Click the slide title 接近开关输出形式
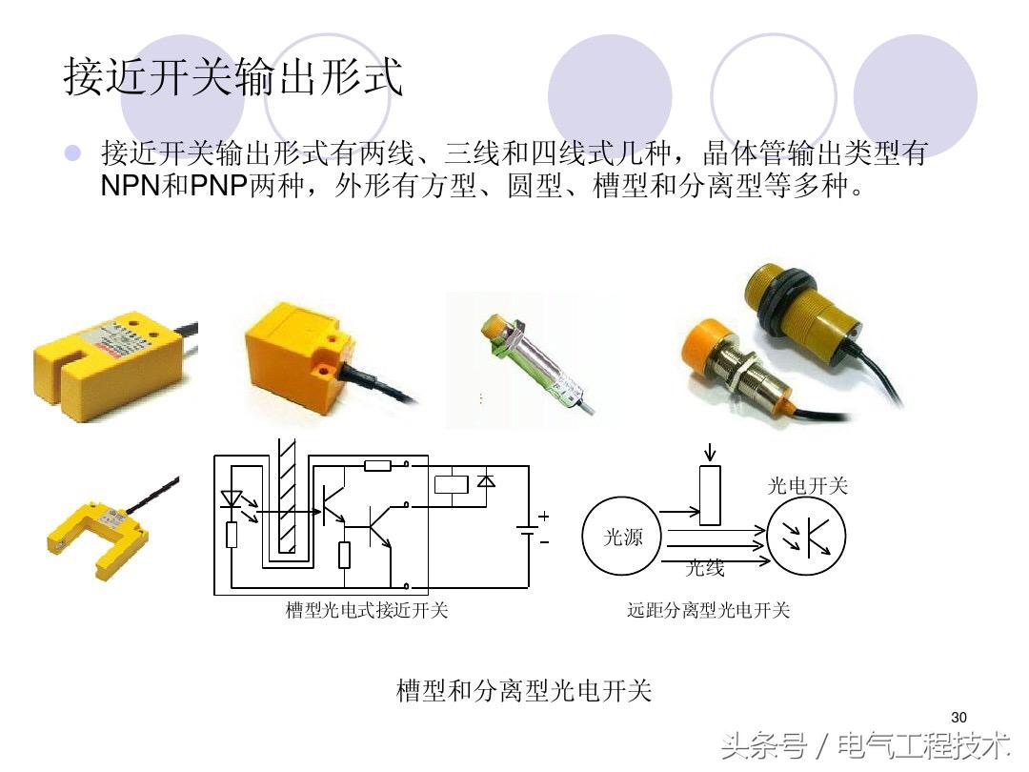click(x=233, y=76)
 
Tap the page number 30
click(x=958, y=717)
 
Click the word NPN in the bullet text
click(x=131, y=186)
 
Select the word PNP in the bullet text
click(x=219, y=186)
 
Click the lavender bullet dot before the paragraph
click(x=72, y=152)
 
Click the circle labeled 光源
click(x=620, y=537)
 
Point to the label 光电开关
click(x=807, y=486)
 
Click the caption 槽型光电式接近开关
click(x=366, y=611)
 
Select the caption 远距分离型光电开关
click(x=708, y=611)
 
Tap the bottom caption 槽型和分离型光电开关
click(x=524, y=691)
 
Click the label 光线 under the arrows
click(x=705, y=568)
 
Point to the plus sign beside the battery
click(x=543, y=516)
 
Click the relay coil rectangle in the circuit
click(x=452, y=485)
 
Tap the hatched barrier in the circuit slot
click(x=287, y=497)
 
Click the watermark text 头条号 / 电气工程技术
click(x=865, y=746)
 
